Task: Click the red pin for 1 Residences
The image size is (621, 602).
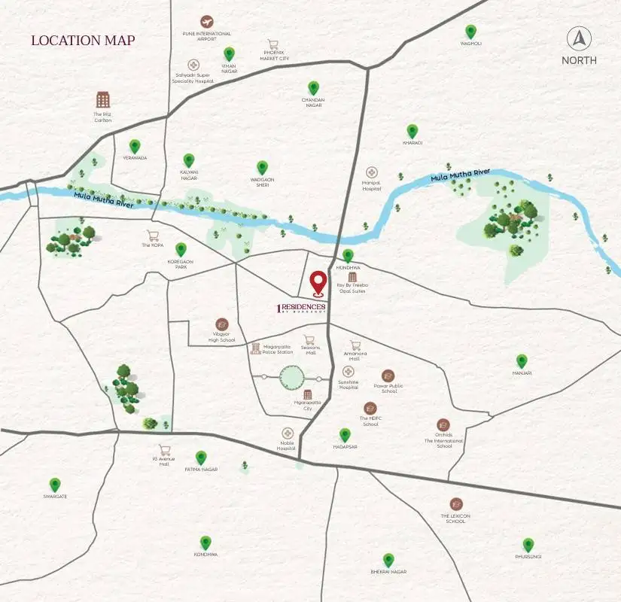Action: (x=318, y=283)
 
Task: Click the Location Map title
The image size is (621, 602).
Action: (x=83, y=41)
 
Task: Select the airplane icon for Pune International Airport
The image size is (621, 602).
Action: (x=206, y=22)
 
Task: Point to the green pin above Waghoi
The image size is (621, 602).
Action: (x=470, y=32)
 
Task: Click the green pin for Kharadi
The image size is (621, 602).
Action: (x=412, y=131)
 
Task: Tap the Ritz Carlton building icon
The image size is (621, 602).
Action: (x=103, y=99)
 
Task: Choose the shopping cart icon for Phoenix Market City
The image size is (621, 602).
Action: (x=273, y=45)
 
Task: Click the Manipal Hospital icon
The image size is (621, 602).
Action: (x=371, y=173)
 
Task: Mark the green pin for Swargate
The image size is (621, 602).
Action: (x=55, y=485)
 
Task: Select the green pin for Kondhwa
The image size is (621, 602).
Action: (x=205, y=543)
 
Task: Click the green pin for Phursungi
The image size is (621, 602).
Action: (x=528, y=545)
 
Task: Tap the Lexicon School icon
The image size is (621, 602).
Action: (x=456, y=503)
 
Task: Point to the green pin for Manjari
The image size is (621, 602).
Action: (x=522, y=361)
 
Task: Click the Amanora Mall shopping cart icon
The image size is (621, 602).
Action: (x=355, y=345)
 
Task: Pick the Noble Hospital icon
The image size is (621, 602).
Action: (x=288, y=433)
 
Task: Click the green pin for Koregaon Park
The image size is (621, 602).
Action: (x=181, y=249)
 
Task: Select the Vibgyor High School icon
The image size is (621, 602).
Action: (x=221, y=324)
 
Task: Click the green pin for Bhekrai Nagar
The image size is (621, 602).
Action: (x=388, y=560)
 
